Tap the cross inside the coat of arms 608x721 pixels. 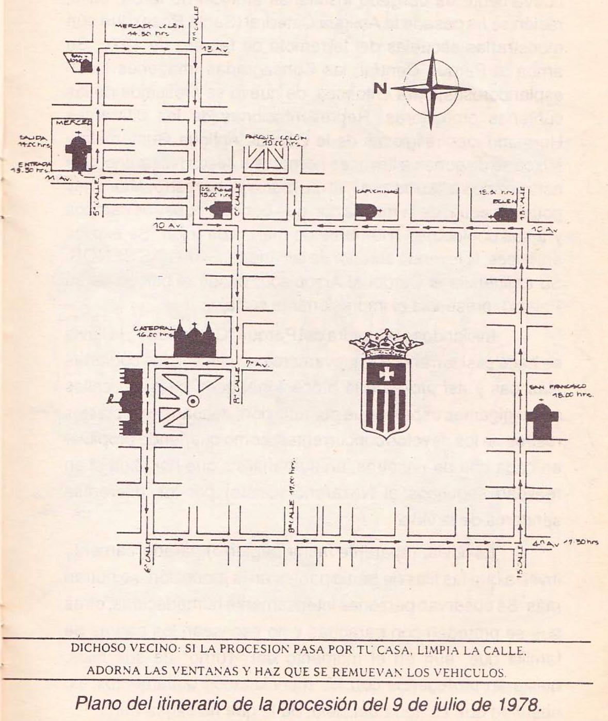[386, 373]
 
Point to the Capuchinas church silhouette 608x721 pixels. [365, 210]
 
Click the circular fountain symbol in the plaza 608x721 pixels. [193, 400]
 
